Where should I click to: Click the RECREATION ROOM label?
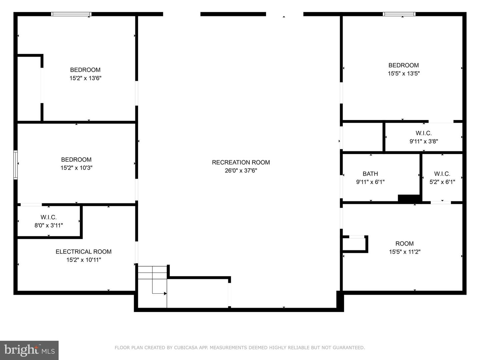[x=241, y=162]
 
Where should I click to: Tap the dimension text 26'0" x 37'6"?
[x=241, y=171]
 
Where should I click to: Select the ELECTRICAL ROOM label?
[x=83, y=252]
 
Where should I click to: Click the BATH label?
[x=370, y=174]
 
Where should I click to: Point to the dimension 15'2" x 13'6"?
[x=85, y=78]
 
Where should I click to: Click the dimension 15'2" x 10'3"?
[x=76, y=168]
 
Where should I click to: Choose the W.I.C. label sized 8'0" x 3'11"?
[x=49, y=217]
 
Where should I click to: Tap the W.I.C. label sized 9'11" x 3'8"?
[x=423, y=133]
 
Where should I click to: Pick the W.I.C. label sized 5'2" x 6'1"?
[x=442, y=174]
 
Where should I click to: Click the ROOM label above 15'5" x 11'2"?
[x=404, y=244]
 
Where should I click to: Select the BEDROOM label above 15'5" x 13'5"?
[x=403, y=65]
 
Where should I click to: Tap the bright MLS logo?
[x=29, y=350]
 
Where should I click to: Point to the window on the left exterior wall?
[x=15, y=165]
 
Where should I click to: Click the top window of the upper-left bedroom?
[x=71, y=14]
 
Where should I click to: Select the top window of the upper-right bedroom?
[x=399, y=14]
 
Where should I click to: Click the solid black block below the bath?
[x=409, y=198]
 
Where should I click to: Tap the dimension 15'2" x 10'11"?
[x=83, y=260]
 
